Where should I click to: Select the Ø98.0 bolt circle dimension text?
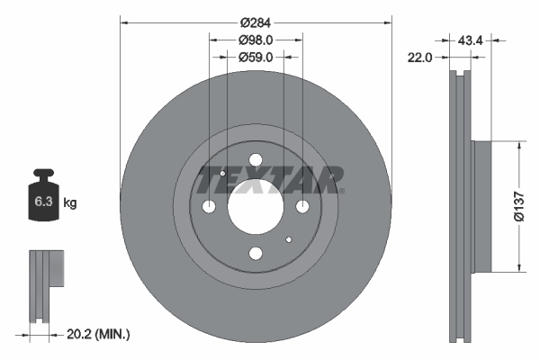click(x=256, y=40)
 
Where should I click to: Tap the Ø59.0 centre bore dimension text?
click(x=256, y=57)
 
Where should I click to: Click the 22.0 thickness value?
click(x=422, y=57)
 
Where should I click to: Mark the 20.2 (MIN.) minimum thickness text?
click(x=99, y=334)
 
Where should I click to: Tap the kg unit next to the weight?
click(x=70, y=203)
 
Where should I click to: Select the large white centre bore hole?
click(x=255, y=206)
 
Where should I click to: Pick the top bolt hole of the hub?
click(x=256, y=161)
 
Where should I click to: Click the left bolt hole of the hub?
click(x=210, y=207)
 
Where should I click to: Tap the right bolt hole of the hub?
click(x=302, y=207)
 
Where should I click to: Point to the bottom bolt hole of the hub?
click(x=256, y=253)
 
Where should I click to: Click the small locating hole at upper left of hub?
click(x=223, y=173)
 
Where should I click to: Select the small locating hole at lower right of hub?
click(x=288, y=239)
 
